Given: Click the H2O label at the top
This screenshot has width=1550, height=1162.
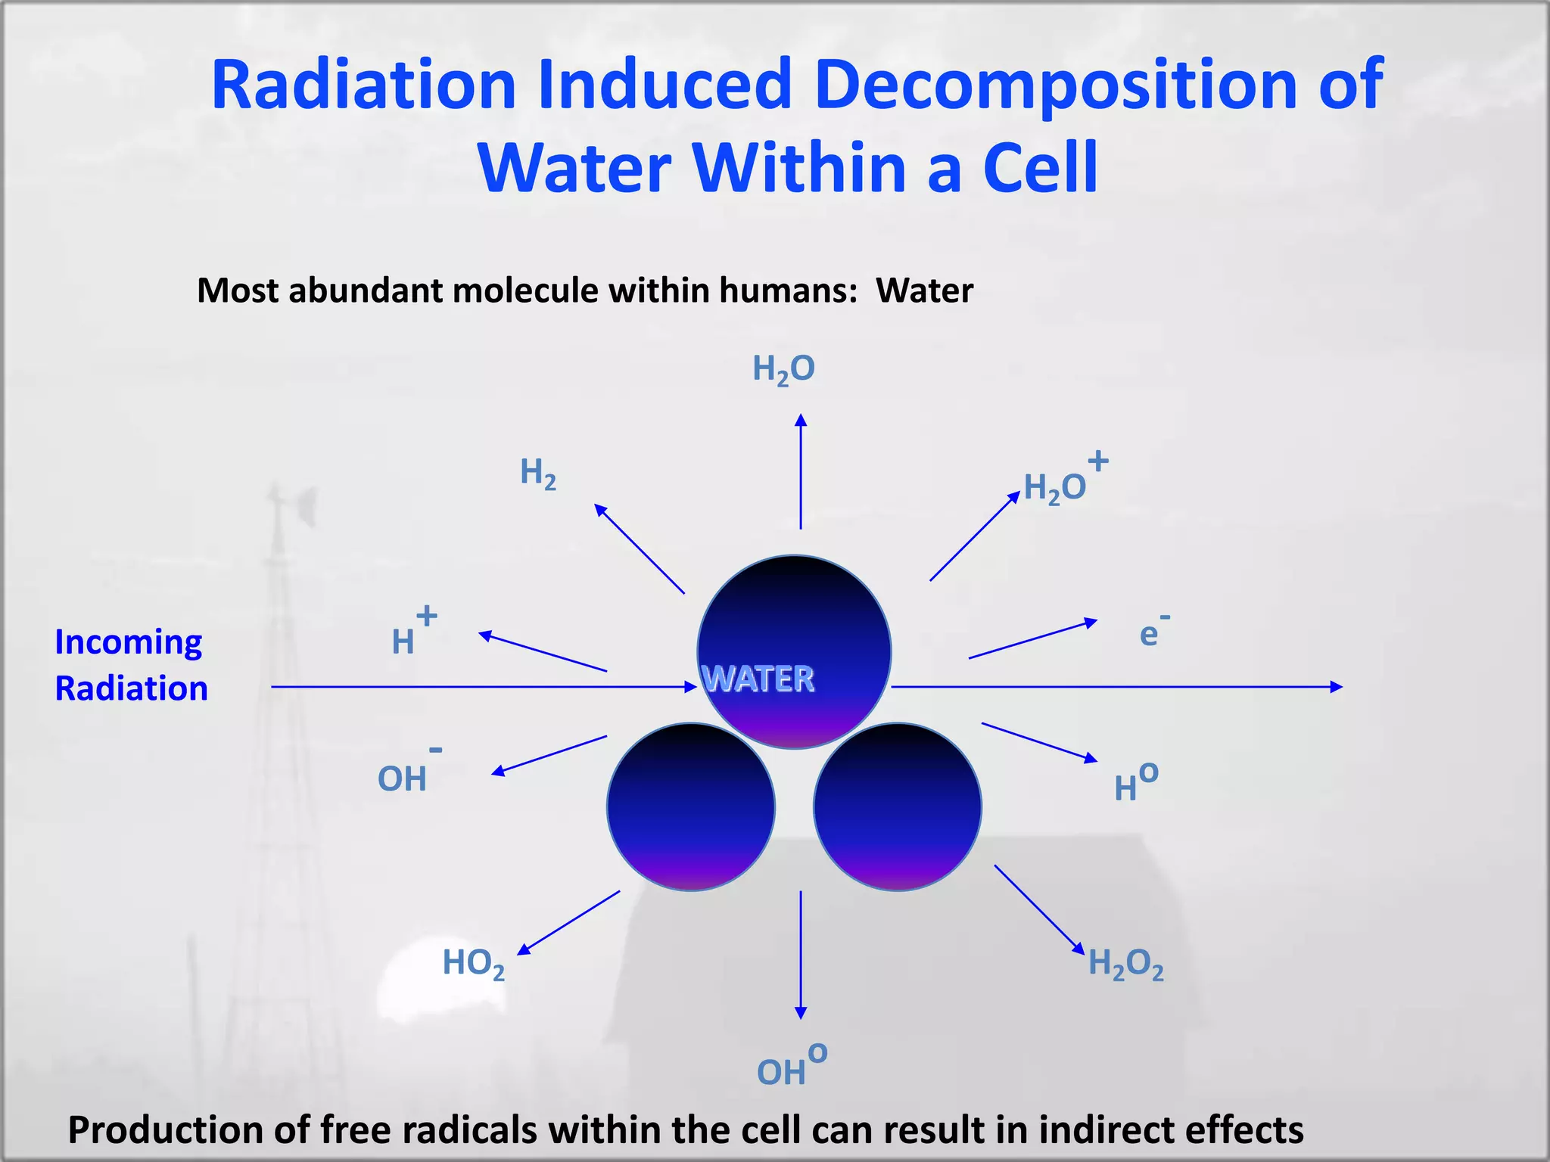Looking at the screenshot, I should (783, 369).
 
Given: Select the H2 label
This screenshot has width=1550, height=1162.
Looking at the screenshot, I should (538, 474).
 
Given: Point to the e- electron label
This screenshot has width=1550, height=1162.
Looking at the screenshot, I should (1153, 632).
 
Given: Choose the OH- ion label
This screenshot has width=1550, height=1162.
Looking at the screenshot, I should (407, 773).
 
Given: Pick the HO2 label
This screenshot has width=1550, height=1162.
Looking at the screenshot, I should (473, 964).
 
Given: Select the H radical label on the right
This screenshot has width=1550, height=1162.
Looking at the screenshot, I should (1134, 783).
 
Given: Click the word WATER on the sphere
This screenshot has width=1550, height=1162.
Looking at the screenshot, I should (758, 679).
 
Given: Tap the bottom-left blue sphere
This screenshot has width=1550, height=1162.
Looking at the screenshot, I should (690, 806).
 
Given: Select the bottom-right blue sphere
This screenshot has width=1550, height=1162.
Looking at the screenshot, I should (898, 806).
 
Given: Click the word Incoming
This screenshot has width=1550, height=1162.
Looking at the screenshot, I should (129, 643).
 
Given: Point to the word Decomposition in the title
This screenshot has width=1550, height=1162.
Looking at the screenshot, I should (1056, 85).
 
